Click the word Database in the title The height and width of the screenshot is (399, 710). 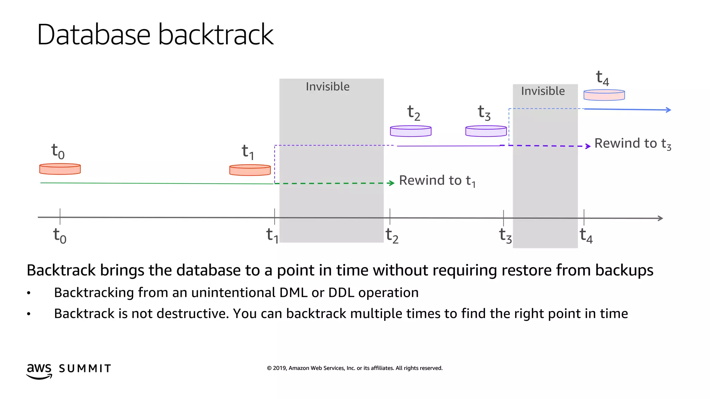pos(94,35)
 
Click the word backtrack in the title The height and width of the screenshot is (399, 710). pos(216,35)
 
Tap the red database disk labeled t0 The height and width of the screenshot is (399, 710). pos(60,169)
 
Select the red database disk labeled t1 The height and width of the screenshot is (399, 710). pos(250,170)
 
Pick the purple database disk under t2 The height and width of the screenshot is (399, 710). pos(410,131)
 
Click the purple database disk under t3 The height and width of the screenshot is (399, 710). pos(486,131)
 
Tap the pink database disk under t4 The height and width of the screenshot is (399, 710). pos(604,95)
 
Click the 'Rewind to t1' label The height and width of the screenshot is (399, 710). pos(437,181)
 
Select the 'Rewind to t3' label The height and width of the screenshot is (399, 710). pos(633,144)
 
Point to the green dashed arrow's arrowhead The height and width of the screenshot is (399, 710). pos(392,183)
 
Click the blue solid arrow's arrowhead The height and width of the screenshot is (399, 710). pos(668,110)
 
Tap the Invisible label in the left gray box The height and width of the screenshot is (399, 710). pos(328,87)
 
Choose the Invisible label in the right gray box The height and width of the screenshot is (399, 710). pos(543,91)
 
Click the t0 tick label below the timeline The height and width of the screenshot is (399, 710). pos(60,236)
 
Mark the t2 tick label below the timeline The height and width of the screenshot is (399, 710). pos(392,236)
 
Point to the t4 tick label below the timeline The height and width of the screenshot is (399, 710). pos(586,236)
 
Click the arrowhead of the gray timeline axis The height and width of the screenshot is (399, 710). pos(660,218)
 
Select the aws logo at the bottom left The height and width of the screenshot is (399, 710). pos(39,371)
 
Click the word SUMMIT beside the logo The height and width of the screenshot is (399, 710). pos(85,369)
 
